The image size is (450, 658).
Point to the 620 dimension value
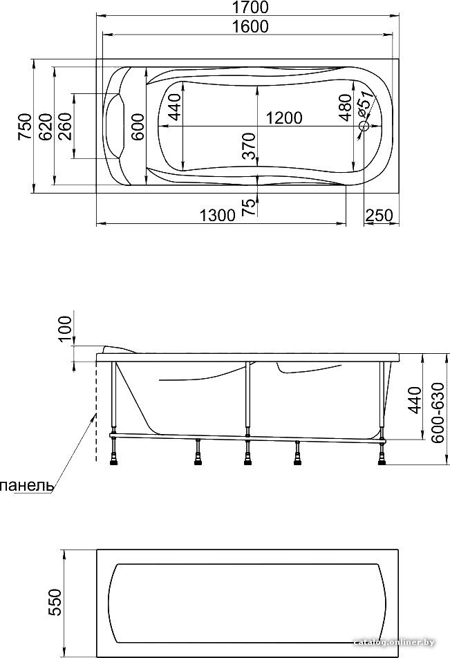tap(46, 126)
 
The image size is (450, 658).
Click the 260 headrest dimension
tap(65, 126)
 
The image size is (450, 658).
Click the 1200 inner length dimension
tap(284, 118)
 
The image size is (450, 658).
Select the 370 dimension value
tap(249, 146)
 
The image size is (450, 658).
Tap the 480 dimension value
tap(345, 107)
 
